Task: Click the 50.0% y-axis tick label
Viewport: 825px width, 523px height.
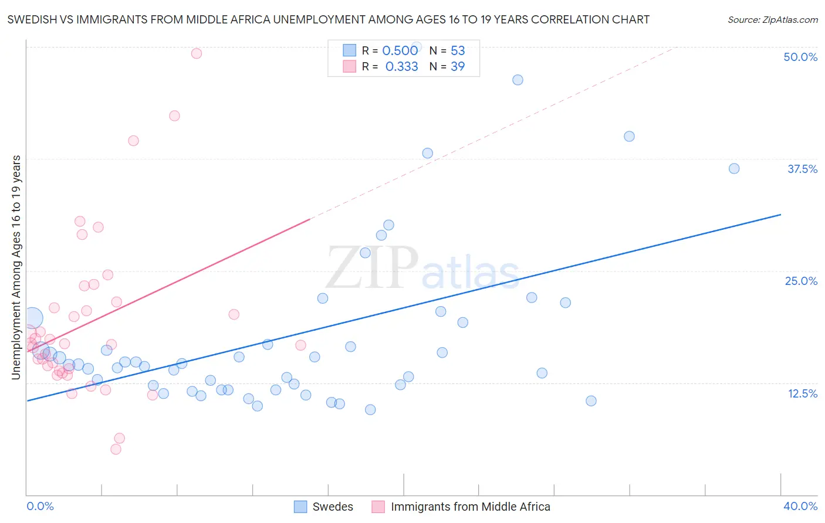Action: pyautogui.click(x=800, y=57)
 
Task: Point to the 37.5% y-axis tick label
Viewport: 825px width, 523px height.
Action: pyautogui.click(x=802, y=169)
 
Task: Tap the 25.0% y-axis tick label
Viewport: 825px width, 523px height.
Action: pyautogui.click(x=801, y=281)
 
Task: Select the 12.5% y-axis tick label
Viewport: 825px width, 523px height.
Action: pyautogui.click(x=802, y=393)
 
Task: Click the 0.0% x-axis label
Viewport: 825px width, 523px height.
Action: pyautogui.click(x=40, y=506)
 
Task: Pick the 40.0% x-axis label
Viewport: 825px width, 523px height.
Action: pyautogui.click(x=800, y=506)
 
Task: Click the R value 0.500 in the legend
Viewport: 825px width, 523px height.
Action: pyautogui.click(x=400, y=51)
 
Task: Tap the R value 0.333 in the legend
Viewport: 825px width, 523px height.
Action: pyautogui.click(x=401, y=67)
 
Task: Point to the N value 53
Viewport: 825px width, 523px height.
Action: pyautogui.click(x=458, y=51)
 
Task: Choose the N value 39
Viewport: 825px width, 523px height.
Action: pyautogui.click(x=458, y=67)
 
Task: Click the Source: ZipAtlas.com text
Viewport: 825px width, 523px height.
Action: pyautogui.click(x=772, y=20)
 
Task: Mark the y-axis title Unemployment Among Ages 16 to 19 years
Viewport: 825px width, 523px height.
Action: pyautogui.click(x=16, y=267)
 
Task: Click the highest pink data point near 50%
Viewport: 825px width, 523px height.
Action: pyautogui.click(x=197, y=53)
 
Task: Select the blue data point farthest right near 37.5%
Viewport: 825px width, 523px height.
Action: pyautogui.click(x=734, y=168)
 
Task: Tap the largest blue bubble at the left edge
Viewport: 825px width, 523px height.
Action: pyautogui.click(x=32, y=318)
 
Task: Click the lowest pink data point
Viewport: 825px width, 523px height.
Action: pyautogui.click(x=116, y=449)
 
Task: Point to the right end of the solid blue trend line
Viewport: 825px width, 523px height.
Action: pyautogui.click(x=780, y=215)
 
